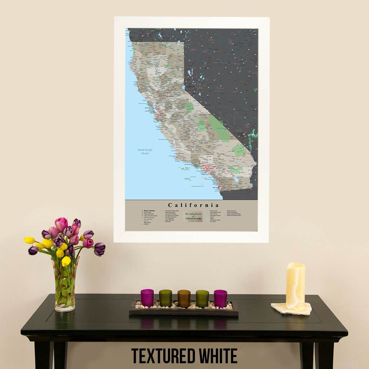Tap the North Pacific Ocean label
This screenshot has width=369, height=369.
(x=143, y=152)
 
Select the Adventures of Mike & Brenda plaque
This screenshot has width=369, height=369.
(x=194, y=216)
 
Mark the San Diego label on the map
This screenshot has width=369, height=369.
(x=215, y=187)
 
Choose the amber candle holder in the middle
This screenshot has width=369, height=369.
(x=184, y=298)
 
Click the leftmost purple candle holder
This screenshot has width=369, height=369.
(x=147, y=298)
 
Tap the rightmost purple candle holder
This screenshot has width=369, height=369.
(x=221, y=298)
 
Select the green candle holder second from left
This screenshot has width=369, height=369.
(x=165, y=298)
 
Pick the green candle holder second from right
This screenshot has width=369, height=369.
(x=202, y=298)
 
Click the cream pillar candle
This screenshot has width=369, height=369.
(x=295, y=286)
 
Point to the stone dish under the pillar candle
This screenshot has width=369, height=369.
(x=291, y=309)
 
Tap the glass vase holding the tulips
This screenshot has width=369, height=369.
(x=65, y=286)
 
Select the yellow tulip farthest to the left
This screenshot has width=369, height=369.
(x=30, y=240)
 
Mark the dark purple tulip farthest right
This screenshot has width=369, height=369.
(x=99, y=249)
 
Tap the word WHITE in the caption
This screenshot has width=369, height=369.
(x=218, y=356)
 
